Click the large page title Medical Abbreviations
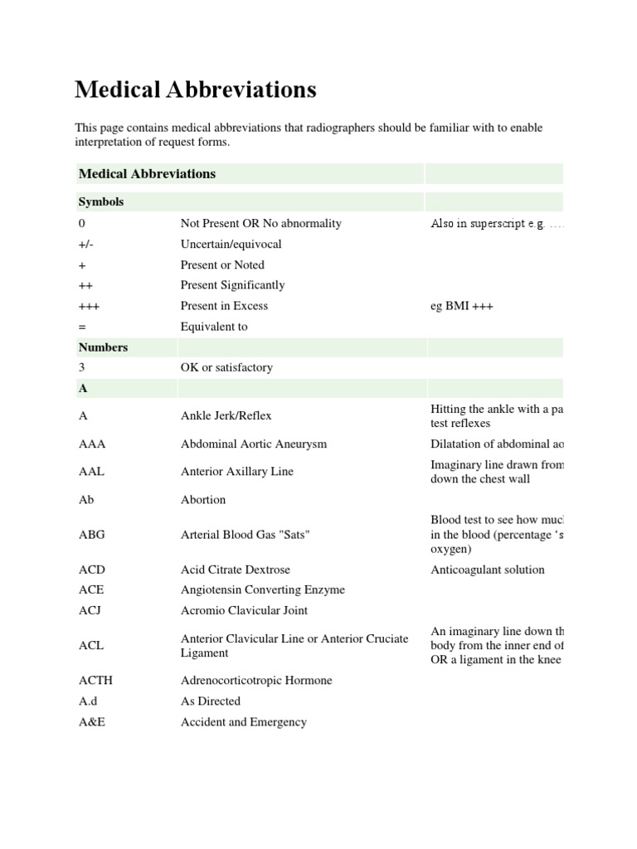point(195,90)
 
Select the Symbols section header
point(101,202)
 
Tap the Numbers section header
point(103,347)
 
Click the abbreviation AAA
point(92,444)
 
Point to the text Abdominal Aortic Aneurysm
point(254,444)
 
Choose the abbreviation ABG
point(92,535)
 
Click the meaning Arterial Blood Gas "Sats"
point(245,535)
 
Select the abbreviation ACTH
point(95,681)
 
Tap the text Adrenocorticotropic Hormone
point(256,681)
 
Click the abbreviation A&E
point(92,722)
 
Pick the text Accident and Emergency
point(244,722)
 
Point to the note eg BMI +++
point(462,306)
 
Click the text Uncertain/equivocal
point(231,245)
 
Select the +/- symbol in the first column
point(85,245)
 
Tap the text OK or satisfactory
point(226,367)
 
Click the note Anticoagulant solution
point(488,570)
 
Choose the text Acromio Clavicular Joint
point(244,610)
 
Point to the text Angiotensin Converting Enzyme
point(263,590)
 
